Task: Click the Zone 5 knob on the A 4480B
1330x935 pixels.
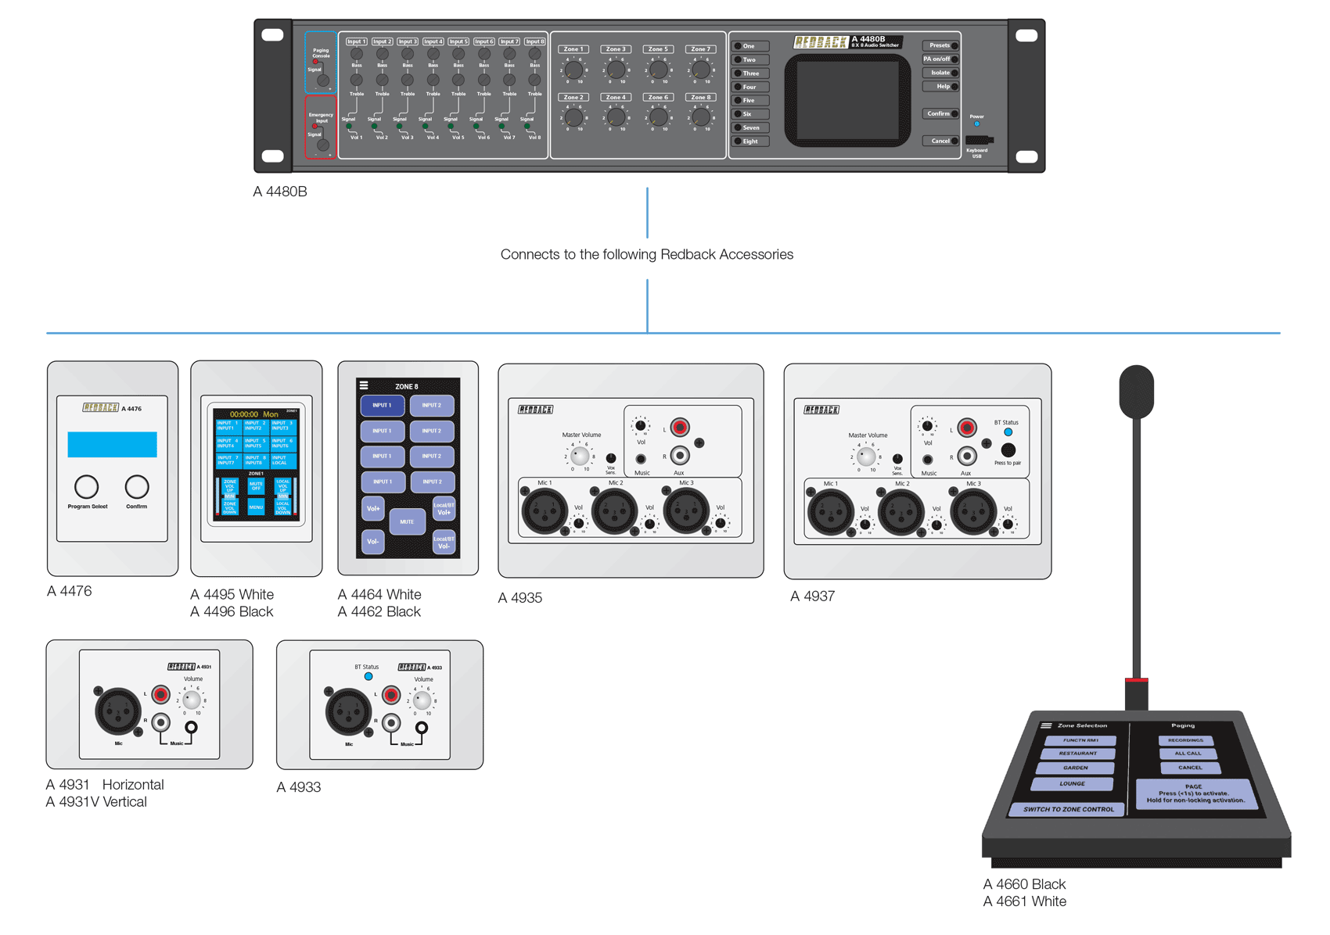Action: pos(658,70)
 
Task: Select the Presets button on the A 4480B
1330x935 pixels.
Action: pos(940,45)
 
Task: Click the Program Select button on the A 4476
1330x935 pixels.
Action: pos(86,487)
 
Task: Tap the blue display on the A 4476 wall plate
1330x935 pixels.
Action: pos(112,444)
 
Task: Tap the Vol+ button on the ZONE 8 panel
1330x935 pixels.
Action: pos(373,508)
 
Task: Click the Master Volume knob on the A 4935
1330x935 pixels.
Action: pos(580,457)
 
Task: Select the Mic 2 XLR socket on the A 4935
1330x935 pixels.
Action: pos(614,512)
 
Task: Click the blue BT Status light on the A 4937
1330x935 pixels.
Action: pos(1008,432)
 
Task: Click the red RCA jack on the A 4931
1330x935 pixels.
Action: pos(161,694)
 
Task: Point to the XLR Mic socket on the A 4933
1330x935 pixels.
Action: pos(347,711)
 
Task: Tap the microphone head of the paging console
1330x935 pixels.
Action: pos(1136,391)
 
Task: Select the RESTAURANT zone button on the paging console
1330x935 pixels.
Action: pos(1077,754)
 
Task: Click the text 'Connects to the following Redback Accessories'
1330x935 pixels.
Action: pos(646,255)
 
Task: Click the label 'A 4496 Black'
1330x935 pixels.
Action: pos(232,611)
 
